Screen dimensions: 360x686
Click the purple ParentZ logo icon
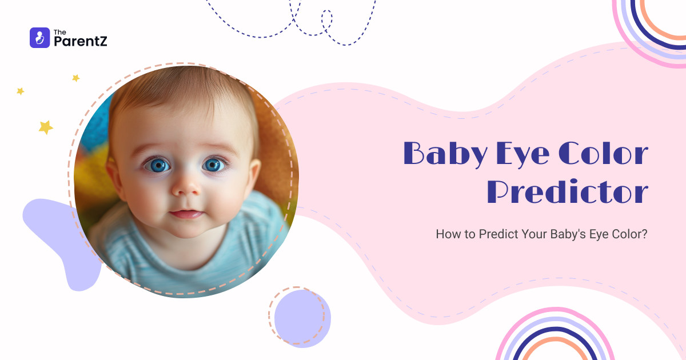(x=39, y=38)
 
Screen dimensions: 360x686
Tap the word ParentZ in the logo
(x=80, y=41)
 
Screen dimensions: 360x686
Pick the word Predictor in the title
(x=568, y=192)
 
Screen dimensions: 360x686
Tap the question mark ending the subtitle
(x=644, y=234)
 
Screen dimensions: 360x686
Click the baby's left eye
(x=213, y=165)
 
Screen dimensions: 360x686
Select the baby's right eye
(x=157, y=166)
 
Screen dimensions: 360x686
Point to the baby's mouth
(x=186, y=214)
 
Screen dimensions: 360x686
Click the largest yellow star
(x=46, y=127)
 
